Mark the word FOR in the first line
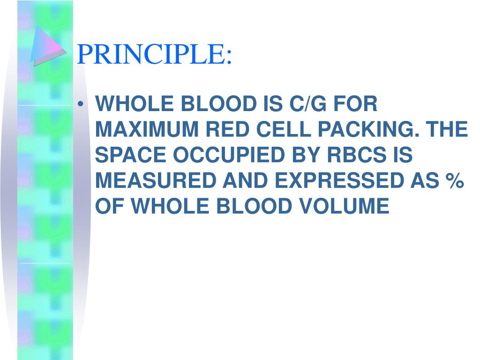[355, 104]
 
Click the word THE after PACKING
[447, 130]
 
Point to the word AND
[246, 181]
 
